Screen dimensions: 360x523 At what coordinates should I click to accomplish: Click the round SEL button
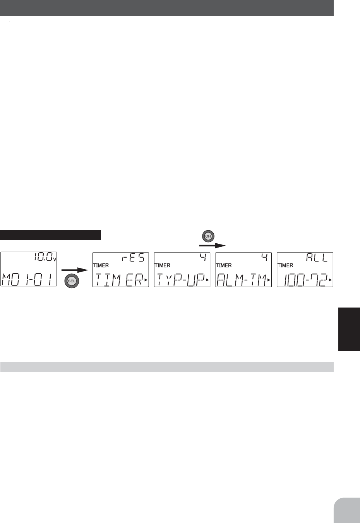click(72, 281)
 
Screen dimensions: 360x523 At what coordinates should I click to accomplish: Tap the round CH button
click(208, 236)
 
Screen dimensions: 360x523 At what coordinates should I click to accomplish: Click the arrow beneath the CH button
click(212, 245)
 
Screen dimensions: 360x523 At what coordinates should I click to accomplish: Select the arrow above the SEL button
click(75, 270)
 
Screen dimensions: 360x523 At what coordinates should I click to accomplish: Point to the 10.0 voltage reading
click(43, 257)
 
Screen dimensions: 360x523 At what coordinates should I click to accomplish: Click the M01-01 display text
click(27, 279)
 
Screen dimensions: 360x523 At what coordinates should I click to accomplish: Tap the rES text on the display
click(134, 257)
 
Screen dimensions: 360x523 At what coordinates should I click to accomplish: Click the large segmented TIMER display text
click(119, 280)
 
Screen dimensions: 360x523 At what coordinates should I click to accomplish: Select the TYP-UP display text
click(180, 280)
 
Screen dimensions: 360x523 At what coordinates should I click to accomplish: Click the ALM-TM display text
click(242, 280)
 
